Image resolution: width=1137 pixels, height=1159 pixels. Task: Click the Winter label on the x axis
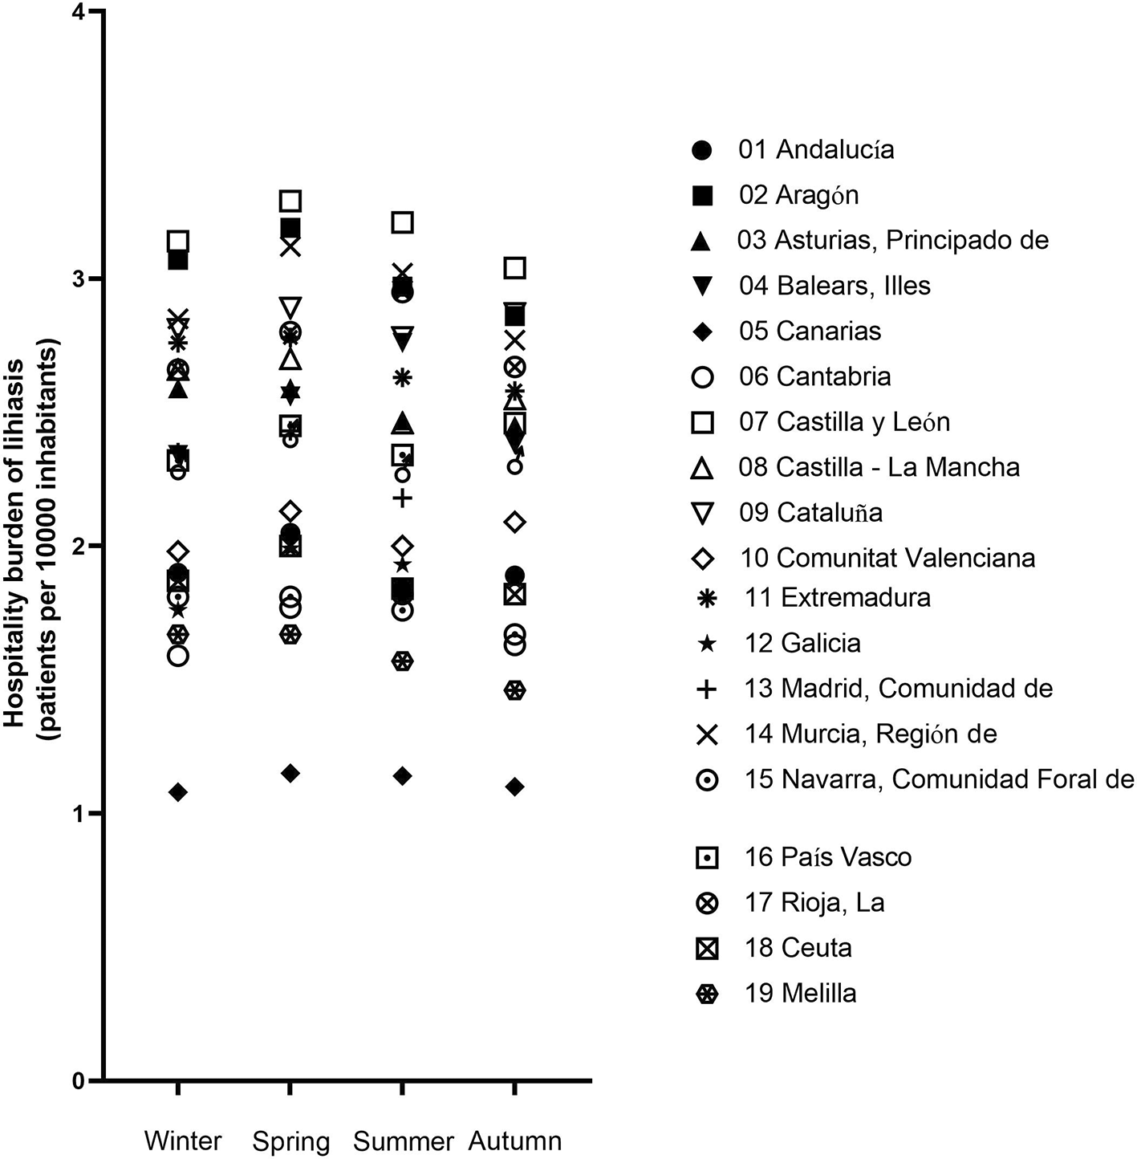(x=183, y=1141)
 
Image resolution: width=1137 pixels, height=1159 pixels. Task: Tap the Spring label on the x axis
(x=291, y=1141)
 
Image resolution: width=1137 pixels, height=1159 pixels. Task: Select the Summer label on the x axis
(x=403, y=1141)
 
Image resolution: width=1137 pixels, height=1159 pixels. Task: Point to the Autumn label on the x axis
(x=515, y=1141)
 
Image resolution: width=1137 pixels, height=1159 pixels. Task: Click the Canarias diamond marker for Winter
(x=178, y=792)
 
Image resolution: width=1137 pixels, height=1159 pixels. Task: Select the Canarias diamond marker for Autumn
(x=515, y=787)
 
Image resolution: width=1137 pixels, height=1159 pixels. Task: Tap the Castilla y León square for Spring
(x=290, y=201)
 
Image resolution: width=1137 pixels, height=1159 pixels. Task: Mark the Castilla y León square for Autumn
(x=515, y=267)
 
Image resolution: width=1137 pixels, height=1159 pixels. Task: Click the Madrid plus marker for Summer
(x=403, y=498)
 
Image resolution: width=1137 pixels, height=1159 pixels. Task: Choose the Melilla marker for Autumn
(x=515, y=690)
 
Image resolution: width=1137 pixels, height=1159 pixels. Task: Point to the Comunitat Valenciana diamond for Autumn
(x=515, y=522)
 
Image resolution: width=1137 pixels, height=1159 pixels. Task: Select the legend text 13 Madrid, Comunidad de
(x=899, y=688)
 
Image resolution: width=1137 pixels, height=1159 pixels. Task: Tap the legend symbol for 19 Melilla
(x=706, y=993)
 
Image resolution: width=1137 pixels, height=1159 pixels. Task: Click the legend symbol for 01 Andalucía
(x=701, y=150)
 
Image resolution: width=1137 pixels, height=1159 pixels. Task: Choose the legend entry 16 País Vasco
(x=803, y=856)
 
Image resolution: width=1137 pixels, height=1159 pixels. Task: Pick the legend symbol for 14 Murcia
(x=706, y=734)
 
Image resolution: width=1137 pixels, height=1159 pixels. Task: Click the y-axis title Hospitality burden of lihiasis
(x=13, y=543)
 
